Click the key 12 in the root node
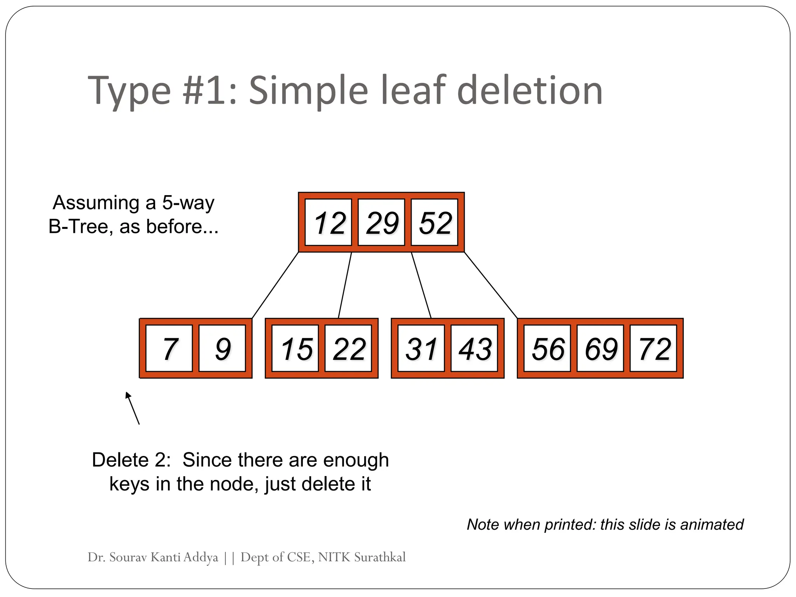click(328, 223)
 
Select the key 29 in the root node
click(381, 223)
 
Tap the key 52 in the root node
click(435, 223)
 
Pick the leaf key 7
click(169, 349)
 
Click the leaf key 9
click(222, 349)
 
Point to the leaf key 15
click(295, 349)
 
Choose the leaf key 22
click(348, 349)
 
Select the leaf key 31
click(421, 349)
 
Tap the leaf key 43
click(474, 349)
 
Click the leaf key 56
click(547, 349)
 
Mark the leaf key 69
click(600, 349)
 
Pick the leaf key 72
click(653, 349)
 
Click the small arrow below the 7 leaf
click(133, 408)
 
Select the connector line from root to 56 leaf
click(491, 285)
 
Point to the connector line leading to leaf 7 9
click(275, 285)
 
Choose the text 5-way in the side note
click(188, 202)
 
